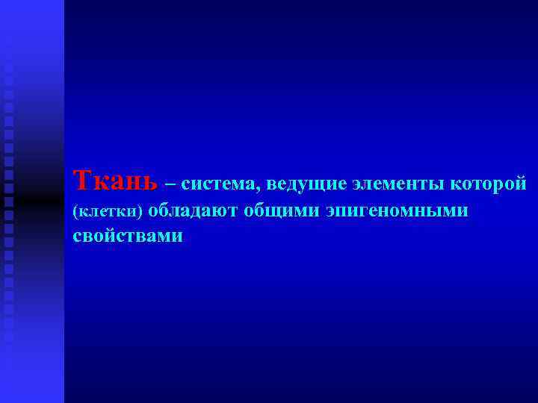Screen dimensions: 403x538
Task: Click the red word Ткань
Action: tap(116, 180)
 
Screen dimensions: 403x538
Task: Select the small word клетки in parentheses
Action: tap(108, 212)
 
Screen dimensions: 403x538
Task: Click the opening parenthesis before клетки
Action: tap(75, 213)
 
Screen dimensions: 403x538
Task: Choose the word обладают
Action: tap(193, 211)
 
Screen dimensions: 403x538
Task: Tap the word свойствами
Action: tap(128, 236)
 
